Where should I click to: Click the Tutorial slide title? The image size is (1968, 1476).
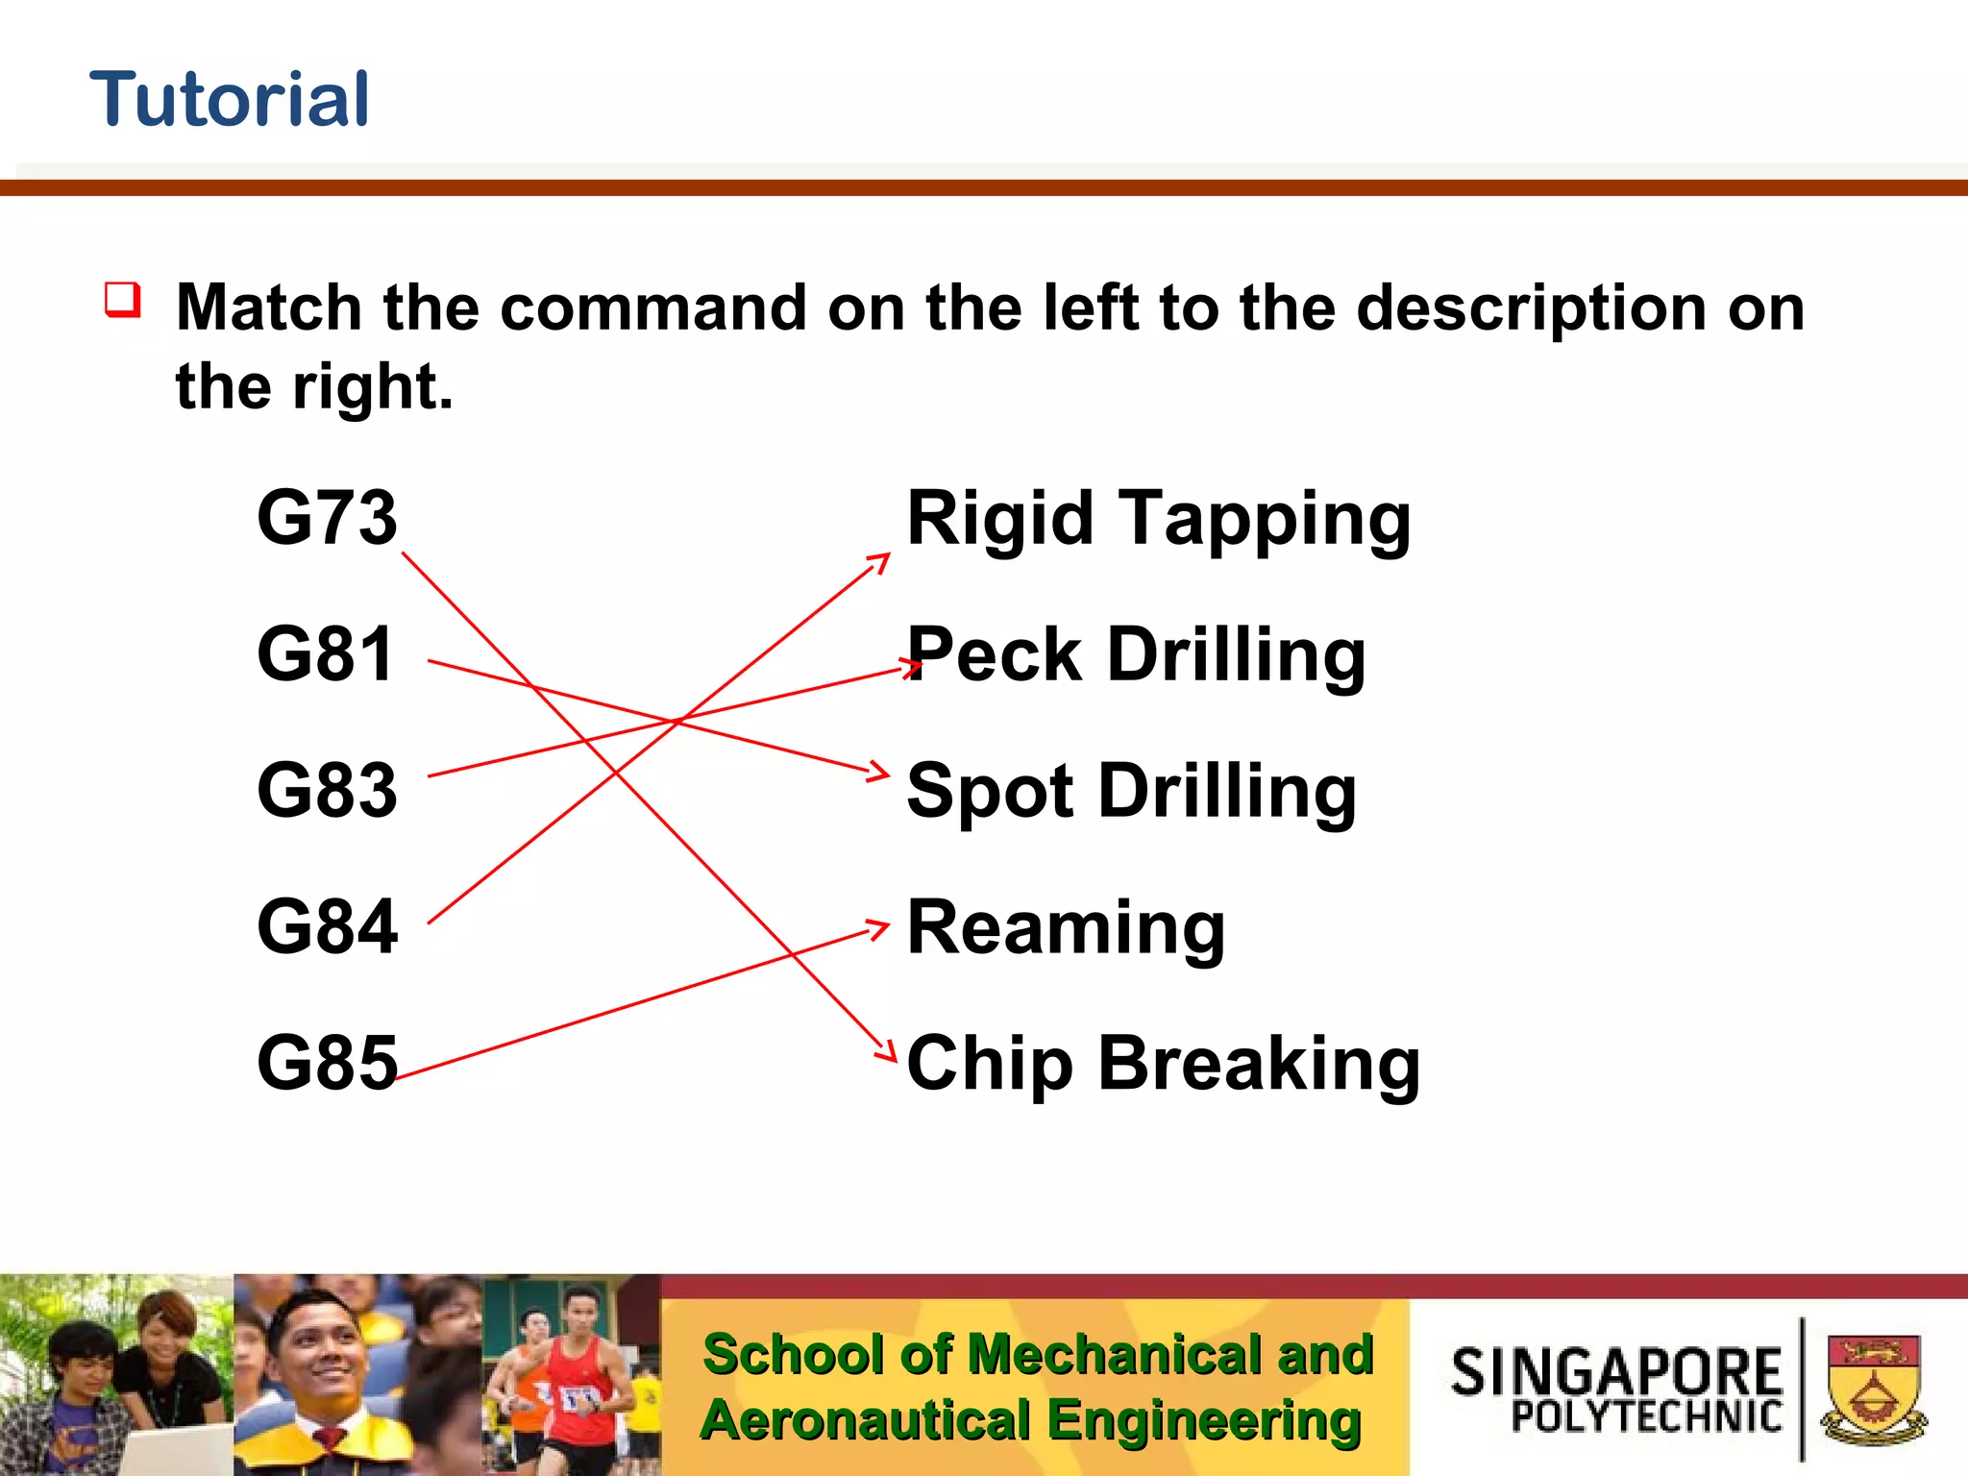click(230, 99)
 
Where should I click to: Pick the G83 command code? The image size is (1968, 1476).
click(327, 790)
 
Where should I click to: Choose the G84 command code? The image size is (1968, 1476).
click(327, 926)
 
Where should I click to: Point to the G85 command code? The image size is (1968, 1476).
click(327, 1063)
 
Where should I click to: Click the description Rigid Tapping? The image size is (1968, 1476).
click(1158, 519)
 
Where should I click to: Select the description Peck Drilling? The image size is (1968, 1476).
click(1136, 655)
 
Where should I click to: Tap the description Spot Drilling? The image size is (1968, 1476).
click(1131, 792)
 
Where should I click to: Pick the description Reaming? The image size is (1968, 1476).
click(1066, 928)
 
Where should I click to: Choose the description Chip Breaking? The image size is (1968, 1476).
click(1163, 1065)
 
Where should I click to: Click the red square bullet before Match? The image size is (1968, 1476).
click(123, 300)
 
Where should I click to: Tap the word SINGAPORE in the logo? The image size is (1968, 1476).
click(1616, 1371)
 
